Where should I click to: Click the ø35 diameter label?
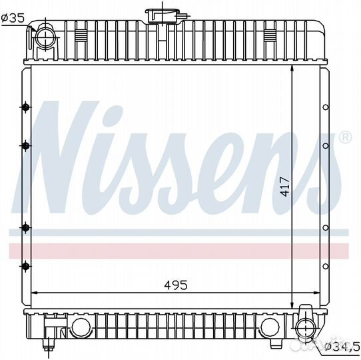pos(13,18)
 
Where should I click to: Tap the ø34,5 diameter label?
pos(342,346)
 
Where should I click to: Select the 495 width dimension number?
pos(176,285)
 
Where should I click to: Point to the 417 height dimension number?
pos(285,187)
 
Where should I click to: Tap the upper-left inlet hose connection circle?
pos(46,37)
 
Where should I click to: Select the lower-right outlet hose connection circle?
pos(306,327)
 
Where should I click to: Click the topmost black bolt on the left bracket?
pos(25,107)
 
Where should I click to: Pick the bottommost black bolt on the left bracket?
pos(25,267)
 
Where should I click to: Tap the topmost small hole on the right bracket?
pos(326,107)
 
